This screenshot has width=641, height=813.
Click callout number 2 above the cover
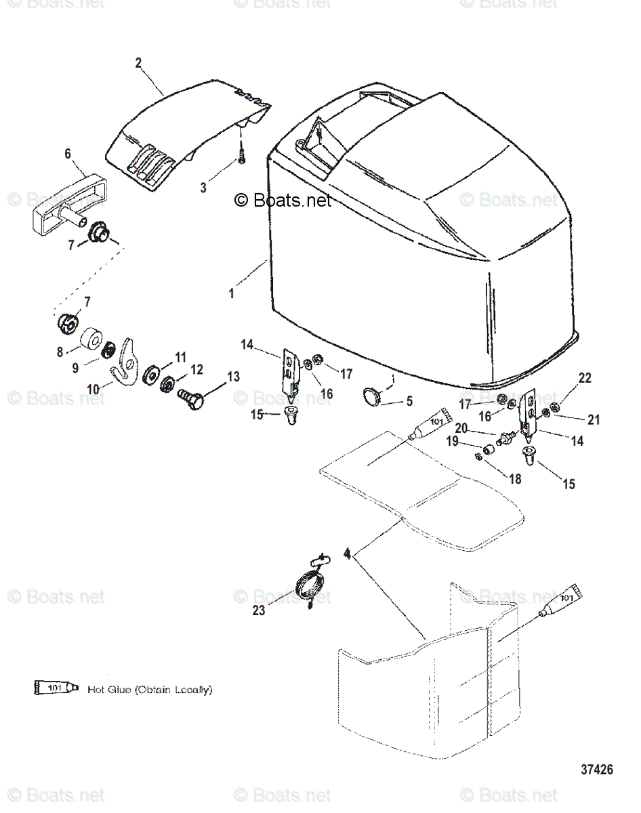(x=138, y=63)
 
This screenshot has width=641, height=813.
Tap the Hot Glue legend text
(x=150, y=690)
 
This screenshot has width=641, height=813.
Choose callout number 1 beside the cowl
(x=231, y=293)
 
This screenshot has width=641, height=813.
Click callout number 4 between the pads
(x=347, y=554)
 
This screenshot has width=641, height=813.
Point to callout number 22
(x=584, y=378)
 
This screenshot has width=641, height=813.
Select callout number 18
(x=515, y=478)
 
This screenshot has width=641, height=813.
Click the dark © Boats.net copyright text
(x=283, y=201)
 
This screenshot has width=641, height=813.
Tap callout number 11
(x=180, y=357)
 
